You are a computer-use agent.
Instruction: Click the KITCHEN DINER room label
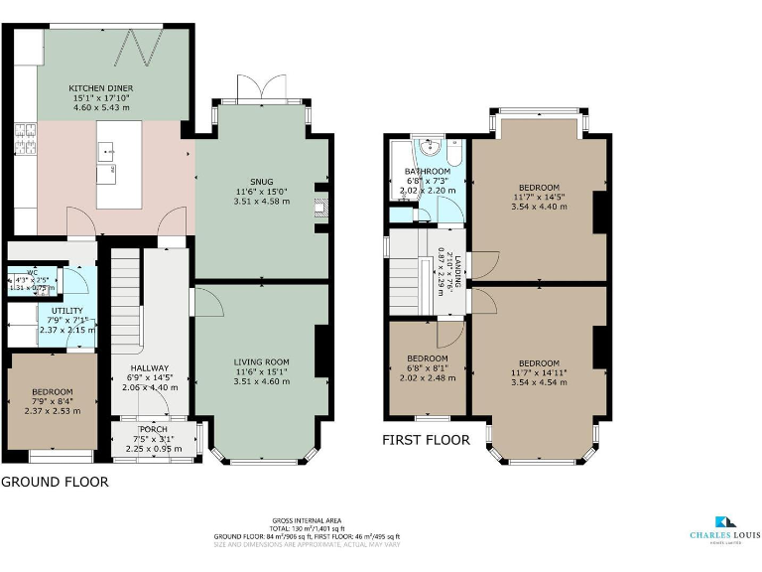point(100,88)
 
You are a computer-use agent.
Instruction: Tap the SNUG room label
point(261,180)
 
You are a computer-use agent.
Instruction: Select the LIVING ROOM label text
point(261,361)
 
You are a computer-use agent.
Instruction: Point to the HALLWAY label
point(149,367)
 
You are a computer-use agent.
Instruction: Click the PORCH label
point(154,428)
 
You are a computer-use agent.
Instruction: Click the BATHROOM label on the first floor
point(427,172)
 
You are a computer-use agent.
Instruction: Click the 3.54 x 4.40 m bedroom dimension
point(539,207)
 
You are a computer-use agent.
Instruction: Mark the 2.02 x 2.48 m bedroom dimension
point(427,377)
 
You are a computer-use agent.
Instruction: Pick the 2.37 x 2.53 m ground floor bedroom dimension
point(52,410)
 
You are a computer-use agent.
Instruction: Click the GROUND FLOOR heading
point(55,483)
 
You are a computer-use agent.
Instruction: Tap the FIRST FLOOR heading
point(427,438)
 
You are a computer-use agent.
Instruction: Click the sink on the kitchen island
point(105,152)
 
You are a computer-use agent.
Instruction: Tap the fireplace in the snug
point(317,209)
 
